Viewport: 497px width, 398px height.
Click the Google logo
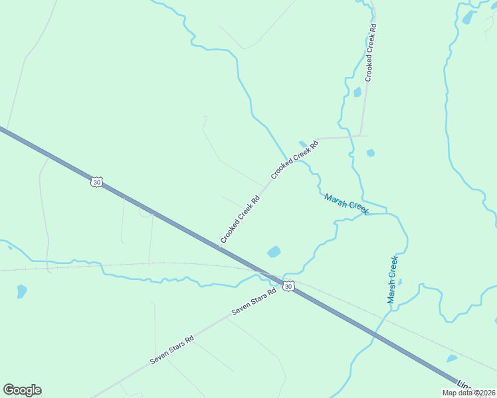22,390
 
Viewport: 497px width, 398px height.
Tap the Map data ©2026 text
469,393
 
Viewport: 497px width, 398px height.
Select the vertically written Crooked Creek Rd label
371,52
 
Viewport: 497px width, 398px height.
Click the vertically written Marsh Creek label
393,279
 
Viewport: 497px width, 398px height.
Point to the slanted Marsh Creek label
346,204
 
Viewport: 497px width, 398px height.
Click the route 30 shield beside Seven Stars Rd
288,285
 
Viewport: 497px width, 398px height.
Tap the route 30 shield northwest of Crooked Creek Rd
97,181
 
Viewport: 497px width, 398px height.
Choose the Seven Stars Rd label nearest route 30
253,302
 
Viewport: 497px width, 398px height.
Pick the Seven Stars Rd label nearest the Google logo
171,349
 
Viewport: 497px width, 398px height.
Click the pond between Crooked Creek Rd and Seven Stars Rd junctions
274,251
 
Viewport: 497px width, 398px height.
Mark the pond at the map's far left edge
21,291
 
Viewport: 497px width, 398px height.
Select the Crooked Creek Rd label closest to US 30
239,219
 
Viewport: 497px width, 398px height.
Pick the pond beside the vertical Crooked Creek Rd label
357,92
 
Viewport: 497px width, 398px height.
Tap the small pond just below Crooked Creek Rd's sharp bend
370,153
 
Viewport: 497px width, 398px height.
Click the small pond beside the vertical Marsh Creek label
400,282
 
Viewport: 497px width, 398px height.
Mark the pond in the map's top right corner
469,16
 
